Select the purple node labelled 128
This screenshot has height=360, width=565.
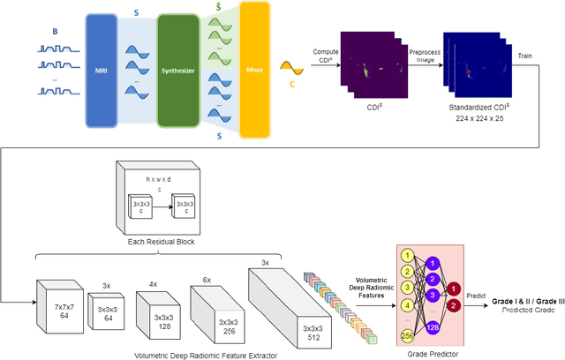coord(433,327)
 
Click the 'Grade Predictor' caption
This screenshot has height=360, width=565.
coord(426,355)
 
